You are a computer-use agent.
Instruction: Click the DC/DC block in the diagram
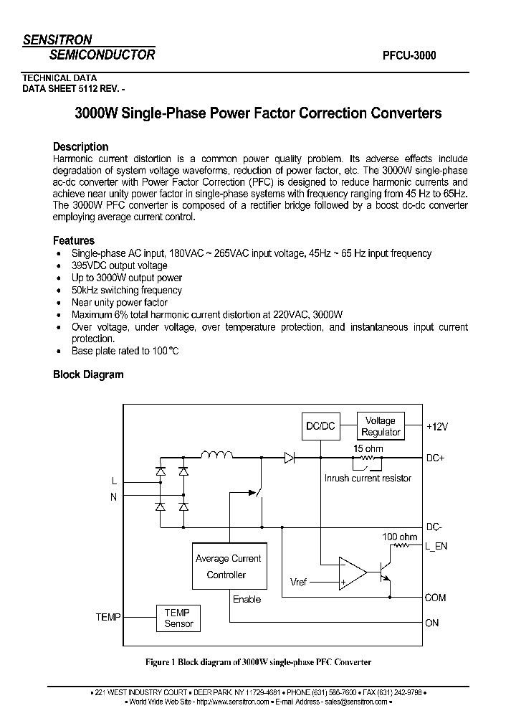[x=320, y=426]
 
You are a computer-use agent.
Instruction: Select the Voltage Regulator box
[x=381, y=426]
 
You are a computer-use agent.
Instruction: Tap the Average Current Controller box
[x=228, y=567]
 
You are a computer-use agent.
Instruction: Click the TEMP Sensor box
[x=178, y=618]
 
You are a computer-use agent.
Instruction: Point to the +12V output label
[x=436, y=426]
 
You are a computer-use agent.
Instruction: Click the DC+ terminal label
[x=436, y=458]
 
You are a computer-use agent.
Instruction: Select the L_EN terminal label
[x=436, y=547]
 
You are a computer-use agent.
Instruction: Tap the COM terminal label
[x=435, y=597]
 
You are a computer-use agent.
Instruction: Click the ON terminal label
[x=431, y=623]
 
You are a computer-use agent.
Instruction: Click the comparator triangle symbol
[x=352, y=572]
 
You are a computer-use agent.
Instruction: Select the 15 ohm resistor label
[x=368, y=448]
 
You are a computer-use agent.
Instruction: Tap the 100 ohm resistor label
[x=399, y=536]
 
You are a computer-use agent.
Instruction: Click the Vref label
[x=299, y=582]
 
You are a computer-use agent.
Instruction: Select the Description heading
[x=81, y=146]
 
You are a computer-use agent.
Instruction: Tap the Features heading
[x=74, y=240]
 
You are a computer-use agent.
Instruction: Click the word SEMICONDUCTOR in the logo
[x=102, y=55]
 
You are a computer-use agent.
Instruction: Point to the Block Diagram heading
[x=88, y=374]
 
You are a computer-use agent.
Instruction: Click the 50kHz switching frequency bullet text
[x=127, y=290]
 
